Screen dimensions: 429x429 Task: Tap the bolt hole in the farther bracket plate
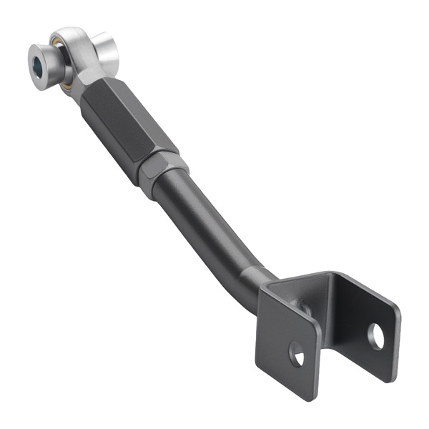point(375,336)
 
